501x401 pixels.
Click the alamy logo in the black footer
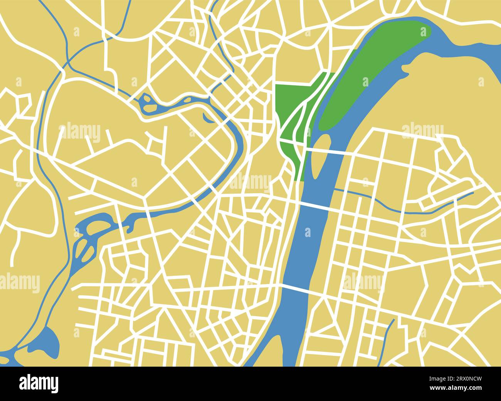39,384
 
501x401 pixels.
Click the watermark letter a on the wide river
308,232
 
